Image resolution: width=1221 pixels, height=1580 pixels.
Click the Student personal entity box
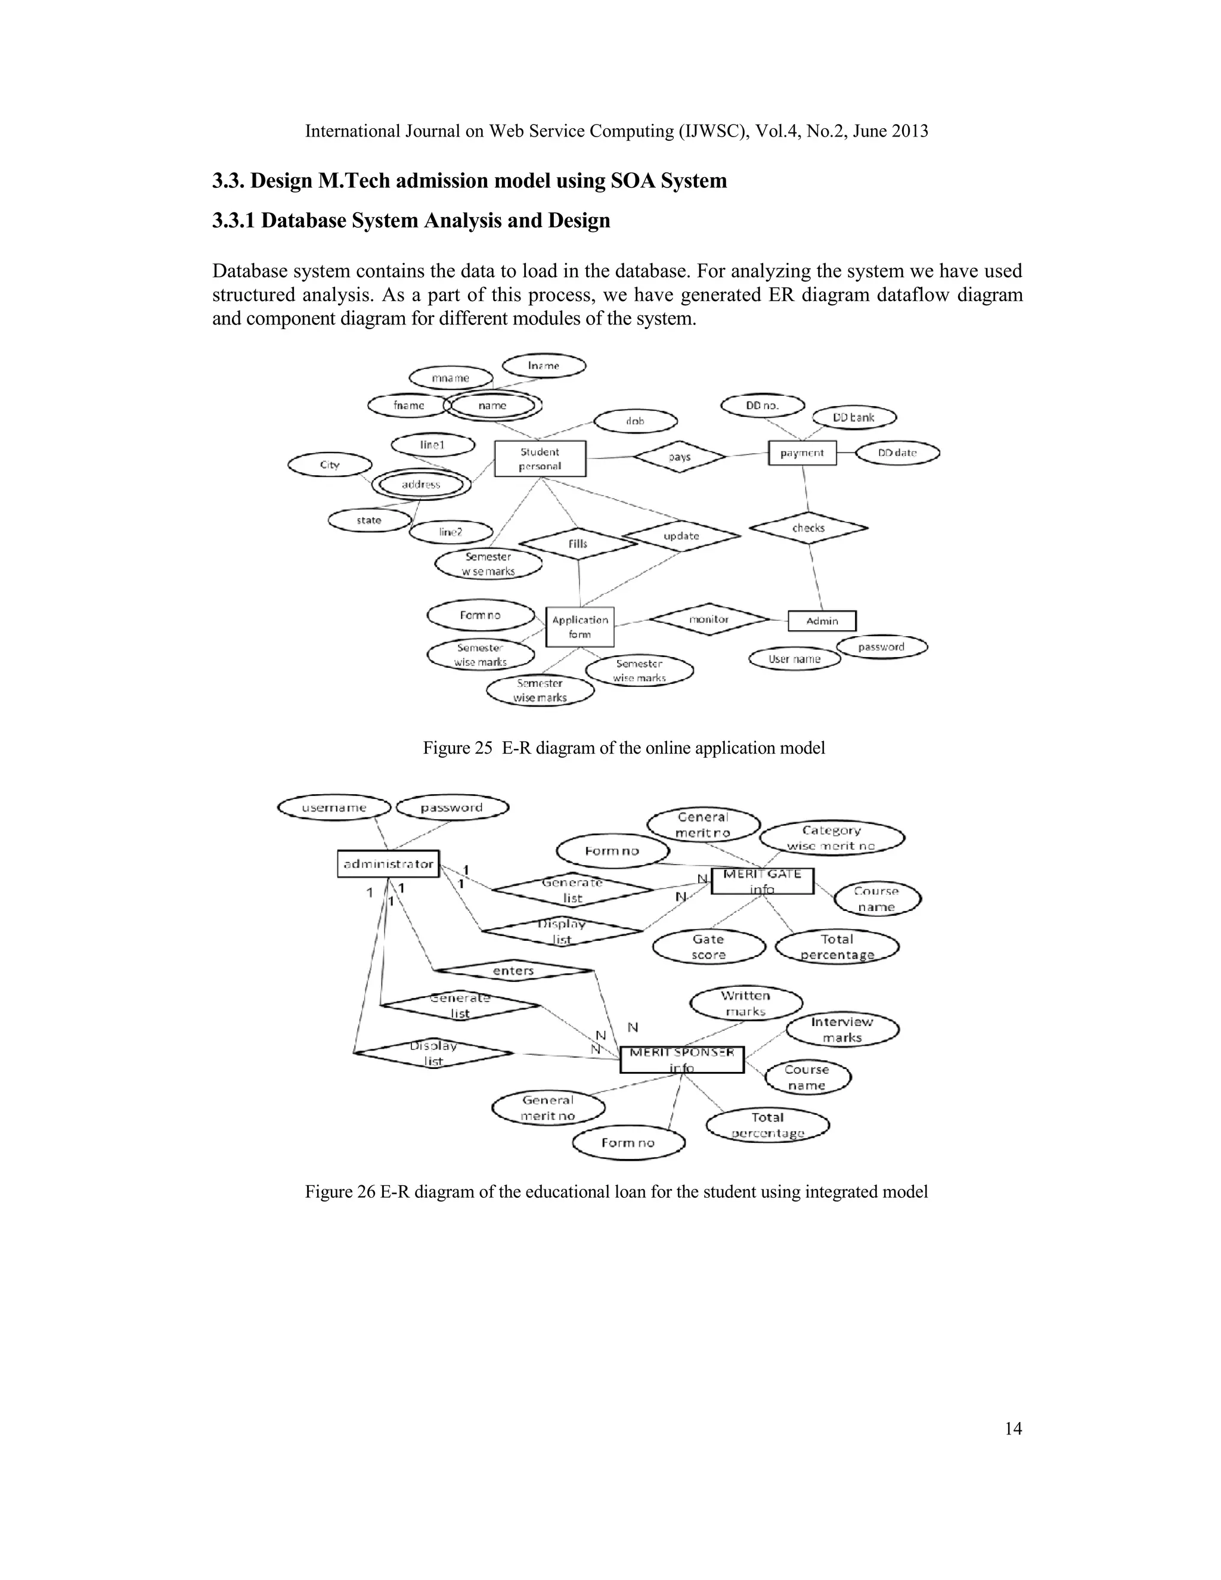(540, 458)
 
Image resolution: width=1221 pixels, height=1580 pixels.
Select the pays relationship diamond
(679, 457)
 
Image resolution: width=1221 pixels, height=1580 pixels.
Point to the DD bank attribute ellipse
(854, 417)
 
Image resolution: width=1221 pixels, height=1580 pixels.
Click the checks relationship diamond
(808, 528)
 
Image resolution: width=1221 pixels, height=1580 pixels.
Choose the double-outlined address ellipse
(421, 485)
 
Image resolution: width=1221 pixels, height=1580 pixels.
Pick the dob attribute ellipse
(635, 421)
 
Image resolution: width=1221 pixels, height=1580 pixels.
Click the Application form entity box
(579, 627)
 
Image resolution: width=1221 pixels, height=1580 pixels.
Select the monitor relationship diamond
(709, 619)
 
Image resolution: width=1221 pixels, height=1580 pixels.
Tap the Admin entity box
(822, 621)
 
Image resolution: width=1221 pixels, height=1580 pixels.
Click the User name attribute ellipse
(794, 659)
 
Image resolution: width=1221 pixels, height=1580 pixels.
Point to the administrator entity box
(389, 864)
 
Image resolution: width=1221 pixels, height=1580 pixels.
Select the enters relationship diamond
(513, 971)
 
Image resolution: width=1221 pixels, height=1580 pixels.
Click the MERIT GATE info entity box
(762, 881)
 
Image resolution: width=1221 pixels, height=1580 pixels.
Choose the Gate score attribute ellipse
(708, 947)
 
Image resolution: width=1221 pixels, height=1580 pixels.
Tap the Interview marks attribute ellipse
(842, 1030)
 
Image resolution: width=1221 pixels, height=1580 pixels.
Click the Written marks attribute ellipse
(746, 1003)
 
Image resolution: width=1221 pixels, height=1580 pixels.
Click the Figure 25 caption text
(624, 748)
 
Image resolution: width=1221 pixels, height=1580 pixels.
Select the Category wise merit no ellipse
(831, 838)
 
